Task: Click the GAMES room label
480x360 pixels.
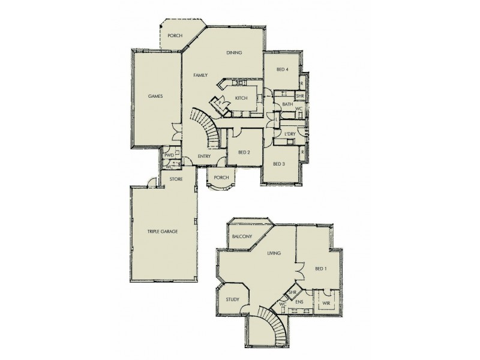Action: (x=155, y=96)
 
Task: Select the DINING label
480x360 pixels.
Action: (x=234, y=53)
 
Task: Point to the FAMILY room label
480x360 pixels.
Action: (x=200, y=76)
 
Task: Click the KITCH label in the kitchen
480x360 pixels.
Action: (x=241, y=97)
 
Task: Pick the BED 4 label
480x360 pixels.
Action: (x=283, y=70)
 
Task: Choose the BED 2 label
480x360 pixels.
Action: (x=244, y=152)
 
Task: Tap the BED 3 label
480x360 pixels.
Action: (x=279, y=164)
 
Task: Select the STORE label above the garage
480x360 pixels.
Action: (x=176, y=179)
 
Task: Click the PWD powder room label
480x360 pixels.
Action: (x=169, y=156)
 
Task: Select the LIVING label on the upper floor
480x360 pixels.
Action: (x=274, y=254)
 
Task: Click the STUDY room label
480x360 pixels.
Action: (x=233, y=299)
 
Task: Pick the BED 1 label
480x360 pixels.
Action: (x=320, y=268)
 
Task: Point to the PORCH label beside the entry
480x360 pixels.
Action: (x=221, y=178)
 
